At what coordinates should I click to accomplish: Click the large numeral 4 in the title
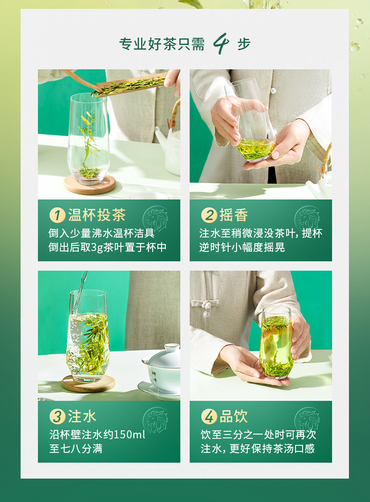click(221, 44)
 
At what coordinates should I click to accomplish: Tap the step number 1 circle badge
click(57, 215)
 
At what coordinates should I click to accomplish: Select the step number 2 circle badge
click(209, 215)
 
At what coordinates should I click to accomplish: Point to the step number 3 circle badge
click(57, 416)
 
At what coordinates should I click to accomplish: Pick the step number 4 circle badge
click(209, 416)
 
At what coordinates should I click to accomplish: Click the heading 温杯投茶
click(96, 215)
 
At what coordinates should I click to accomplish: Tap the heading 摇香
click(234, 215)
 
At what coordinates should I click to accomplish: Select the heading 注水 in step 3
click(82, 416)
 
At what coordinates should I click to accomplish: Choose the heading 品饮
click(234, 416)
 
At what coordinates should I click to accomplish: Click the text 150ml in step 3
click(129, 435)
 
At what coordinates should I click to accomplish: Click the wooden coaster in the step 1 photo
click(89, 184)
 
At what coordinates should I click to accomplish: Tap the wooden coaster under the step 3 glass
click(89, 383)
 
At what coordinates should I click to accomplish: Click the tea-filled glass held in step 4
click(276, 343)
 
